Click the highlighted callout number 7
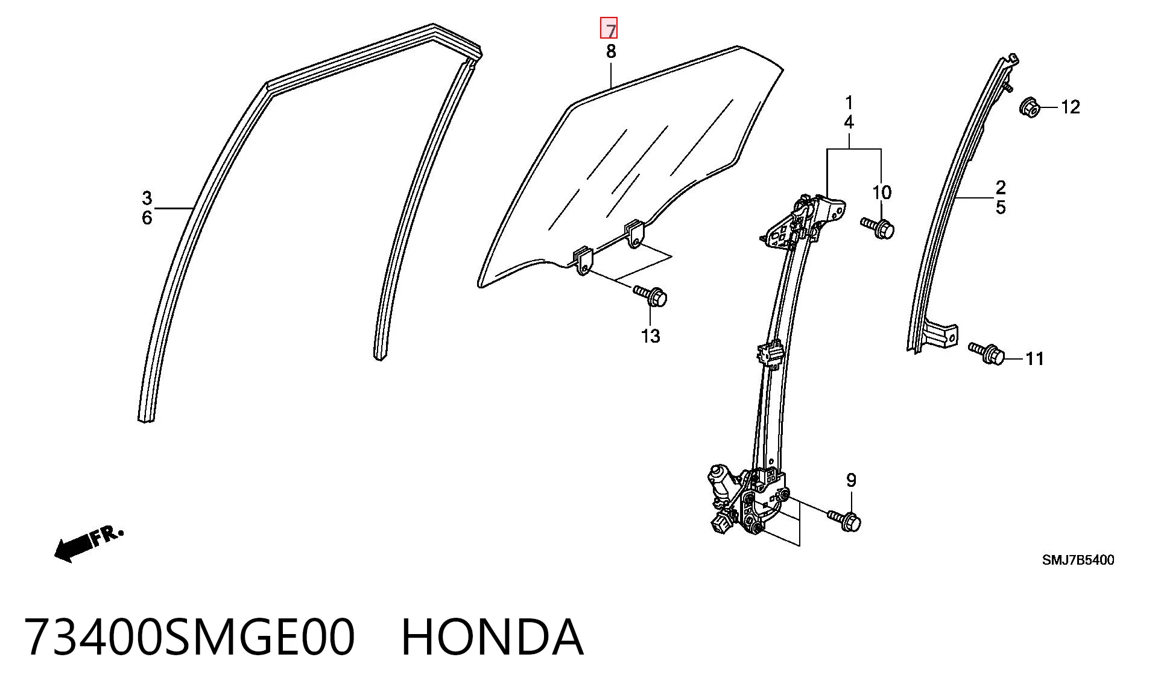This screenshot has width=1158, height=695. tap(609, 28)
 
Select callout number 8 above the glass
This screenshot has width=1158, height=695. tap(611, 52)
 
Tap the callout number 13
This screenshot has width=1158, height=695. tap(651, 336)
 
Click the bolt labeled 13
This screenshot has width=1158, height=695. tap(650, 296)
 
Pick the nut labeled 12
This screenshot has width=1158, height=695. tap(1030, 108)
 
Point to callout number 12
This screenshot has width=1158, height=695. tap(1070, 107)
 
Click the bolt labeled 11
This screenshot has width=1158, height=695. tap(987, 353)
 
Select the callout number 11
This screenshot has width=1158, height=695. tap(1034, 359)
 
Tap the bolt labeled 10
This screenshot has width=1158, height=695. tap(878, 228)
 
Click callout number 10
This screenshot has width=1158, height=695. tap(882, 193)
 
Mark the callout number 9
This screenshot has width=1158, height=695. tap(851, 480)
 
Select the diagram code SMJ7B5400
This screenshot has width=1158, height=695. tap(1078, 560)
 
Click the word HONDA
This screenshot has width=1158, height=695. tap(492, 637)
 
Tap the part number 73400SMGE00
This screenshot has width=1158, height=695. tap(189, 637)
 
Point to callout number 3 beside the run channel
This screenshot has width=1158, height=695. tap(147, 198)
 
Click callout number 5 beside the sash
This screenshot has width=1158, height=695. tap(1001, 208)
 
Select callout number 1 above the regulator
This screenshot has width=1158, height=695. tap(849, 103)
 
